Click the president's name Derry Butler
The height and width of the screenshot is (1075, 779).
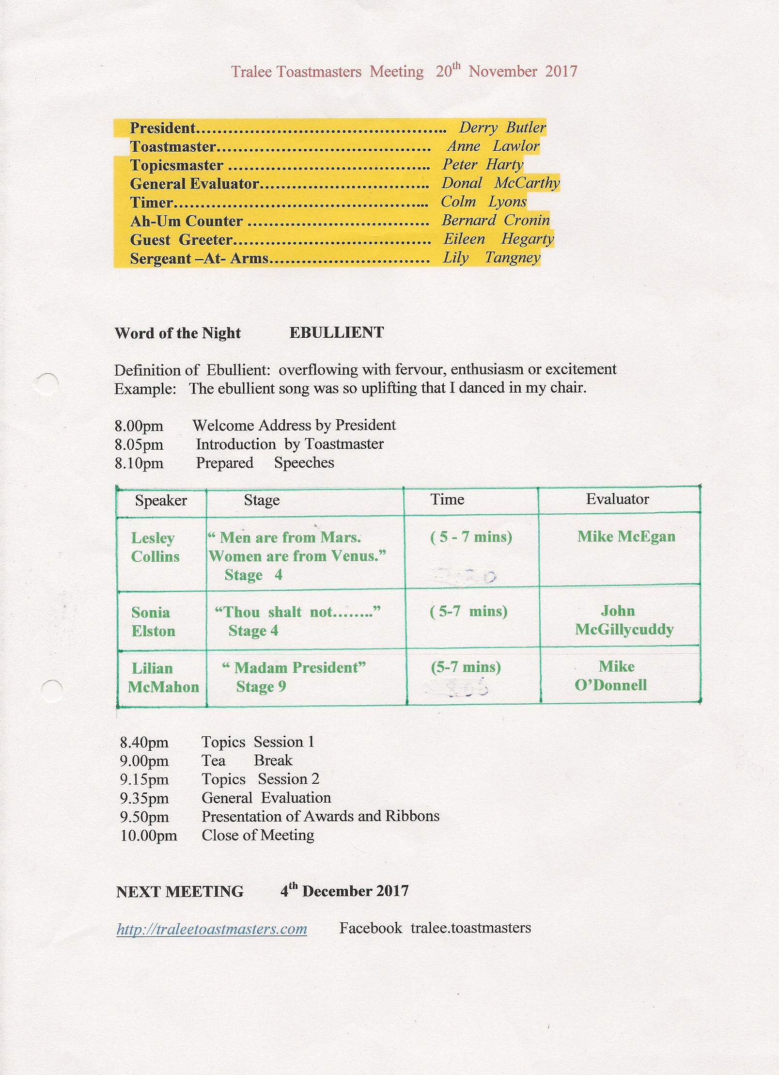[502, 127]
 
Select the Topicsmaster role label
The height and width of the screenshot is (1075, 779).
[177, 165]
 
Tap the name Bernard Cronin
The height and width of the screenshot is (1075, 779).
[496, 221]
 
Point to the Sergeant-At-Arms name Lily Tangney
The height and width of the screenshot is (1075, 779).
[491, 258]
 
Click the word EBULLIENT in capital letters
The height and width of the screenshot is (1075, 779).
[337, 332]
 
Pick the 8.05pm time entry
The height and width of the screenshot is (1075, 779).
[139, 444]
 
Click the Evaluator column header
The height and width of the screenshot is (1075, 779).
[617, 499]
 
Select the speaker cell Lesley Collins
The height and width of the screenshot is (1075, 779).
[155, 547]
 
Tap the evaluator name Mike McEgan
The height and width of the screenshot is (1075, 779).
[626, 537]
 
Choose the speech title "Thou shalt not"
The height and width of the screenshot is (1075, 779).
[297, 612]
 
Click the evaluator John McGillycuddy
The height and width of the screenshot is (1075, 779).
[624, 620]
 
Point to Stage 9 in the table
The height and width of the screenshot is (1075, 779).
[261, 687]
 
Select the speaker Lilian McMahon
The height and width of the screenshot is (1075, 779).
[163, 678]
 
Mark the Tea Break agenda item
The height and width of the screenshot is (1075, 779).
[247, 760]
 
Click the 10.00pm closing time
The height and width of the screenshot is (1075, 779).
[149, 836]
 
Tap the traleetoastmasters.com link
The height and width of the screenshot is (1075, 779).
[212, 929]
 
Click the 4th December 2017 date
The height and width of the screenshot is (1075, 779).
[344, 891]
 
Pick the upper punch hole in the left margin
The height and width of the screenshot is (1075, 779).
[47, 384]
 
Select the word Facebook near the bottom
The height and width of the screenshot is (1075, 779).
[371, 928]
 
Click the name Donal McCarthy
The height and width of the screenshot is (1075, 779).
[500, 183]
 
